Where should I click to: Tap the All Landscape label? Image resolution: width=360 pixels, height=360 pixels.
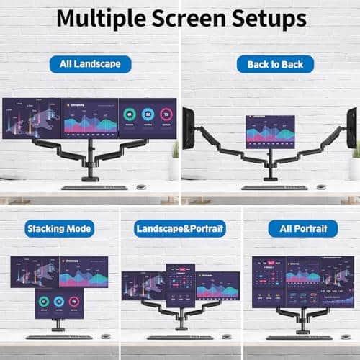pyautogui.click(x=90, y=64)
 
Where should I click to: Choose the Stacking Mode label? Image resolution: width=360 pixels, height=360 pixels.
pyautogui.click(x=59, y=229)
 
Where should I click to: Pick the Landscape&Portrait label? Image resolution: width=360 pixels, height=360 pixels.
pyautogui.click(x=180, y=229)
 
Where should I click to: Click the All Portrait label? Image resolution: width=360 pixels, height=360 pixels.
pyautogui.click(x=302, y=229)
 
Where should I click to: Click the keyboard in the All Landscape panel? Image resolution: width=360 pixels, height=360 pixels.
pyautogui.click(x=94, y=188)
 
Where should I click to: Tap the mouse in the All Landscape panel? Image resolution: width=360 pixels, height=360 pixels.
pyautogui.click(x=141, y=187)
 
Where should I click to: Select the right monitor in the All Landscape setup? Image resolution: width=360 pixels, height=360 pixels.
pyautogui.click(x=148, y=118)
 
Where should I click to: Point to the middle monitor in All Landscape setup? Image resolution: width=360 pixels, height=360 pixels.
pyautogui.click(x=90, y=118)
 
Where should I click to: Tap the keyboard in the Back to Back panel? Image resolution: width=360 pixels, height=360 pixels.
pyautogui.click(x=274, y=188)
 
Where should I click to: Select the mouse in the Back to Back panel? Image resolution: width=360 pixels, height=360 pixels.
pyautogui.click(x=321, y=187)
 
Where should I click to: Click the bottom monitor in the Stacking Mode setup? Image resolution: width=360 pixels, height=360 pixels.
pyautogui.click(x=59, y=304)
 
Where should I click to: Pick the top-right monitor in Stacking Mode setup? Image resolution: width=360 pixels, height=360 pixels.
pyautogui.click(x=83, y=272)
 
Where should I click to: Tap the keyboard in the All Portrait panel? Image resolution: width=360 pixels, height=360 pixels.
pyautogui.click(x=299, y=337)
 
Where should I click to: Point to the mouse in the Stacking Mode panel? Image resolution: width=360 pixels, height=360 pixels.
pyautogui.click(x=106, y=336)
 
